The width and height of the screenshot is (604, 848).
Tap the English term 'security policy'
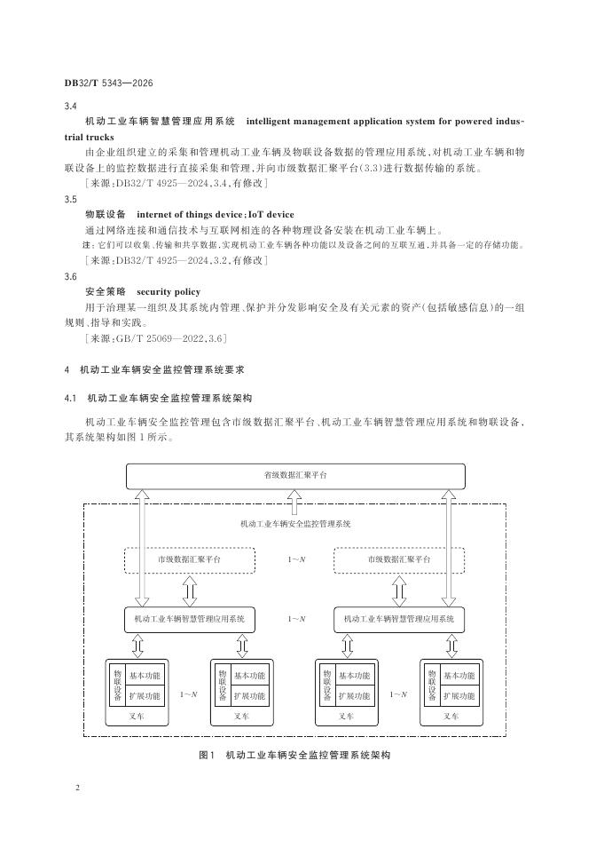point(169,291)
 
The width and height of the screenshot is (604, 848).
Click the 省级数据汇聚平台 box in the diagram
point(295,476)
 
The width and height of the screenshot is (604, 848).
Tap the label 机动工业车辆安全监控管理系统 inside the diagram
point(295,524)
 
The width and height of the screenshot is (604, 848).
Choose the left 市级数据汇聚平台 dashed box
point(190,560)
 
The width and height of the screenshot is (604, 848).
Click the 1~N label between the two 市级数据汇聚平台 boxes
point(295,560)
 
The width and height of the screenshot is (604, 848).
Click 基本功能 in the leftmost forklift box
point(145,677)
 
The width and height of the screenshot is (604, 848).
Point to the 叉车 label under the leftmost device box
point(137,716)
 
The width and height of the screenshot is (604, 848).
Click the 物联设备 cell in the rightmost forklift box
point(431,686)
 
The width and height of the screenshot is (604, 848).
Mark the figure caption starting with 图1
point(294,755)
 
